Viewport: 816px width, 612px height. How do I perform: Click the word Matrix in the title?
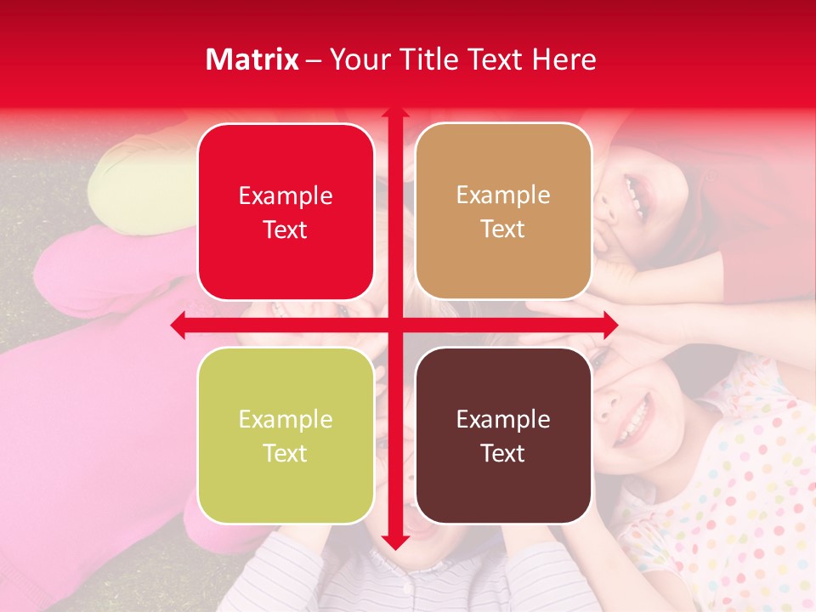252,59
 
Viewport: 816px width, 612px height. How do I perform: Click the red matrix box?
286,212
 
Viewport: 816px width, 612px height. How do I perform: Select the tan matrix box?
503,212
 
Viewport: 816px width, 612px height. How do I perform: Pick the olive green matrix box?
286,435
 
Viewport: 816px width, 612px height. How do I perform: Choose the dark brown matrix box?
503,435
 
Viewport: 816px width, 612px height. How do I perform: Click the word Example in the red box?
286,196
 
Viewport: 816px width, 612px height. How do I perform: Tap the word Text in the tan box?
503,229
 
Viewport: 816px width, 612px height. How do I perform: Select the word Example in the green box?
286,420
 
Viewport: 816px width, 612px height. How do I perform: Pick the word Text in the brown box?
503,454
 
